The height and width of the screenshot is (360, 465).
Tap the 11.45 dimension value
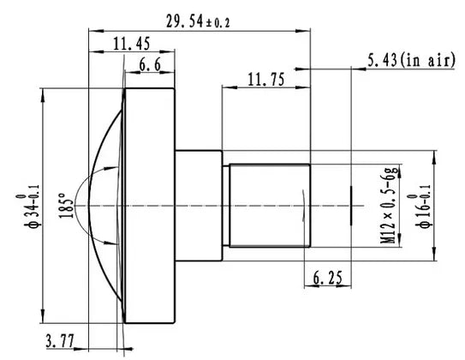click(x=130, y=44)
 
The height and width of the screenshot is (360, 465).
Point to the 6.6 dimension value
click(x=150, y=66)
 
